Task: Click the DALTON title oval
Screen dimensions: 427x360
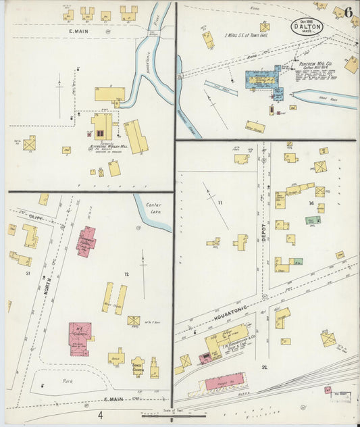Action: click(307, 26)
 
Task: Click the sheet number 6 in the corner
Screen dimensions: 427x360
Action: click(347, 13)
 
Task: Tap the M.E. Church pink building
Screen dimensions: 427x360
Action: click(80, 337)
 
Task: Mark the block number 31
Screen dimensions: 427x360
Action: click(28, 273)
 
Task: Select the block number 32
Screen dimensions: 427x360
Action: click(265, 368)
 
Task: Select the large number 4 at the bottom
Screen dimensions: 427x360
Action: click(100, 415)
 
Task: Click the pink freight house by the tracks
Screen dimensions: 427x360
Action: click(224, 382)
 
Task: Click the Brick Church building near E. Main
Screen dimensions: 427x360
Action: click(138, 366)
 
